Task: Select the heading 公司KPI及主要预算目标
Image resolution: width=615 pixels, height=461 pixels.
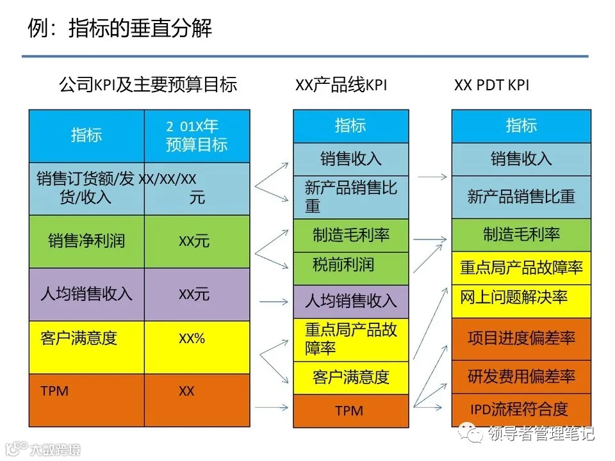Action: (x=148, y=85)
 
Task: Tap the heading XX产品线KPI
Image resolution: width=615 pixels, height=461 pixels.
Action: (x=341, y=85)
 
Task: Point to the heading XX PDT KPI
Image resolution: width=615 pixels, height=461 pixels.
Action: (x=492, y=85)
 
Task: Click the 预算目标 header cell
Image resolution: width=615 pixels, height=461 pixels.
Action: (x=197, y=136)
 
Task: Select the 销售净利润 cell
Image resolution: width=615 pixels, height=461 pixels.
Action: (x=86, y=241)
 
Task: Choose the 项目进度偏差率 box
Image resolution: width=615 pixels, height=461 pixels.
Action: (x=521, y=339)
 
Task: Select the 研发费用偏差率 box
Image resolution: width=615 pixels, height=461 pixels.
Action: (x=521, y=376)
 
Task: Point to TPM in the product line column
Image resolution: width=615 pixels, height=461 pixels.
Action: (x=350, y=410)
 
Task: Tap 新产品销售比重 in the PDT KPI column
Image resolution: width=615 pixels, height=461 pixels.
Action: (x=521, y=197)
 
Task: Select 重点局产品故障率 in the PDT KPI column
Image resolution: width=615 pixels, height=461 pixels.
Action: (x=521, y=268)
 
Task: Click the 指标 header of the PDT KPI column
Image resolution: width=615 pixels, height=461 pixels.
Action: (x=521, y=126)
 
